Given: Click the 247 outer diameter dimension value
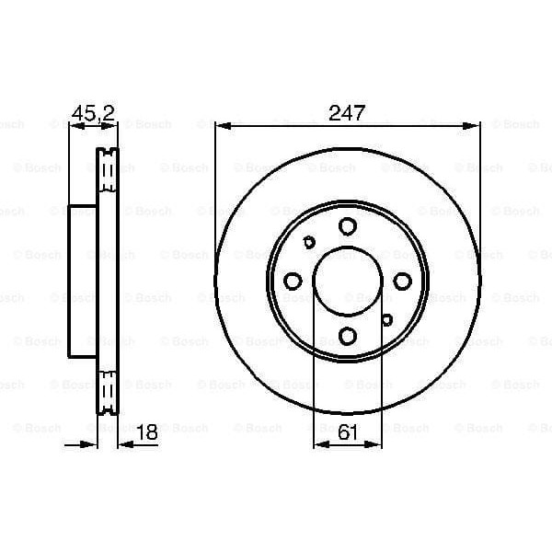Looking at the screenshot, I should tap(347, 114).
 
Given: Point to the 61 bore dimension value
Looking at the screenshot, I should tap(348, 433).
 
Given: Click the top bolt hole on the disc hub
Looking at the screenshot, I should tap(347, 226).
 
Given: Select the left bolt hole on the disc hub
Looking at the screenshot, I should tap(293, 281).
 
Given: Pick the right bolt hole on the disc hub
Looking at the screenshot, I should tap(401, 281).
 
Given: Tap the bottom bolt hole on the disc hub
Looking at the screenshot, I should tap(347, 335).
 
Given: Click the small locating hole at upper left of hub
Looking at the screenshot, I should tap(309, 243).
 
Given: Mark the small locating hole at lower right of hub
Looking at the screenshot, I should tap(386, 319).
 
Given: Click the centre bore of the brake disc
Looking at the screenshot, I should tap(347, 281).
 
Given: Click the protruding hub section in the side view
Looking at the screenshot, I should tap(83, 281).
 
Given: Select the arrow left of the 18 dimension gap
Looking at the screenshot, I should tap(90, 445).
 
